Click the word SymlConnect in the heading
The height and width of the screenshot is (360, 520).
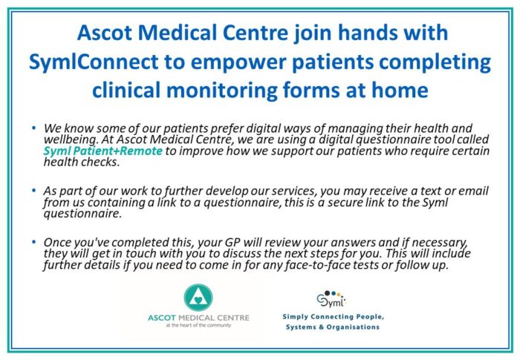point(94,62)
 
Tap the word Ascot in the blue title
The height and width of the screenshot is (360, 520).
point(105,33)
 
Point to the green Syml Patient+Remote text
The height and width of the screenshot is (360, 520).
point(103,151)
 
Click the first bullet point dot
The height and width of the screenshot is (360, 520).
point(33,128)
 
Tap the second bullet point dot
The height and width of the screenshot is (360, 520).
point(33,191)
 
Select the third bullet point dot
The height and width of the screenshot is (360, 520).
point(33,242)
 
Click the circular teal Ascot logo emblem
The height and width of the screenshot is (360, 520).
point(198,298)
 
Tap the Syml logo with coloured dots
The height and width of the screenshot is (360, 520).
point(331,298)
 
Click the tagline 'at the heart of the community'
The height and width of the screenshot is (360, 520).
point(198,325)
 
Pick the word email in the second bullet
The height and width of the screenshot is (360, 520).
point(474,191)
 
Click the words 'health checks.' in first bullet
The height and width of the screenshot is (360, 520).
point(81,162)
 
